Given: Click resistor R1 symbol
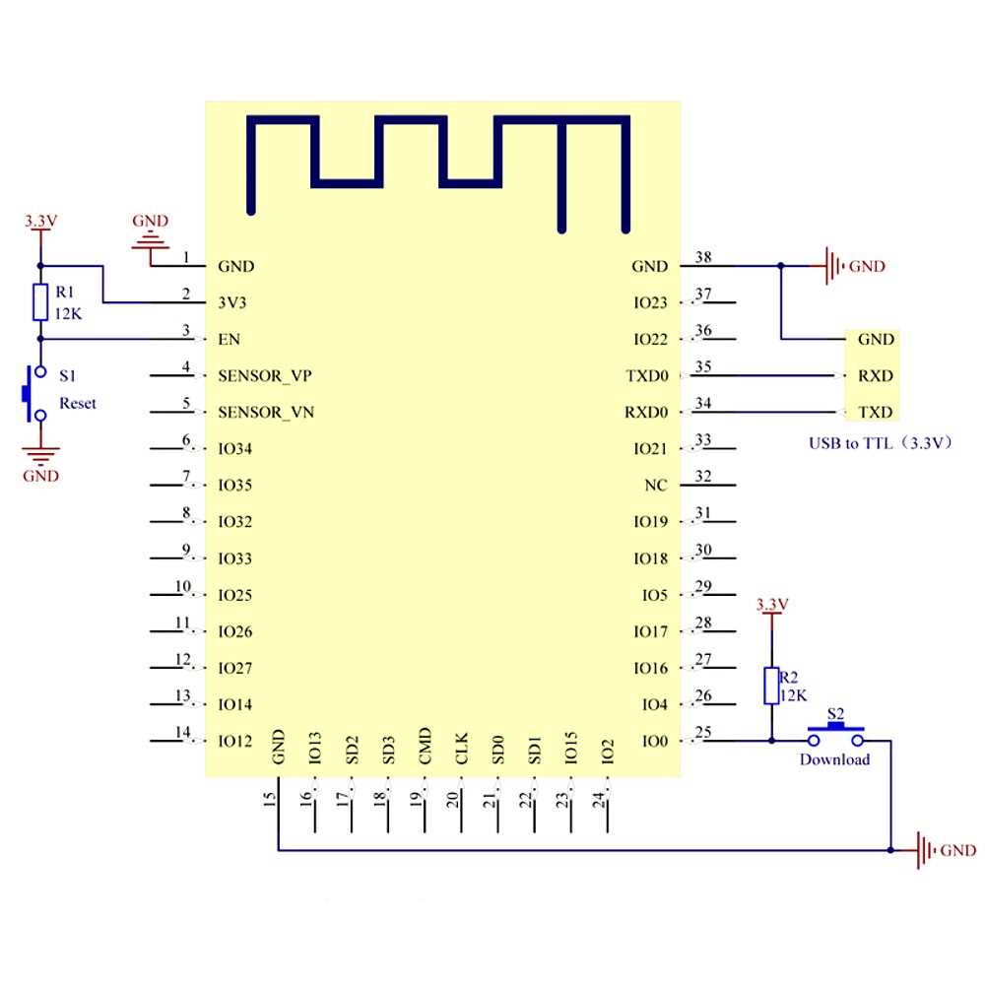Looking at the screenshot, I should (40, 301).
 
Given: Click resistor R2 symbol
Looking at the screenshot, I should (772, 686).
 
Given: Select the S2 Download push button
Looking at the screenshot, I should (835, 734).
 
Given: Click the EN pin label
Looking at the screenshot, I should (229, 339).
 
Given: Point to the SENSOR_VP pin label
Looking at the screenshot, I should (266, 375).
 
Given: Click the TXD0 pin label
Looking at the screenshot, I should (646, 375).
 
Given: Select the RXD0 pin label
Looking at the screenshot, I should (646, 412).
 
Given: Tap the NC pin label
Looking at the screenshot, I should (656, 486).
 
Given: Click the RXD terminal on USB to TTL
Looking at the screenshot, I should (876, 375).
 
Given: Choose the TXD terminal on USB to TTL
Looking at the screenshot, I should (876, 412).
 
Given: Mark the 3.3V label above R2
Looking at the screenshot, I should (771, 603).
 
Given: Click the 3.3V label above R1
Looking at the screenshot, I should (40, 222).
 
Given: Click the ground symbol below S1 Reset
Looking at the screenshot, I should (40, 455).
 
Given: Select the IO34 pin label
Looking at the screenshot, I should (235, 449).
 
